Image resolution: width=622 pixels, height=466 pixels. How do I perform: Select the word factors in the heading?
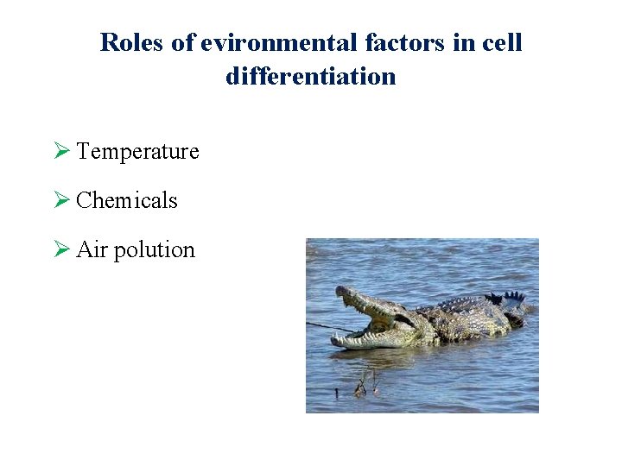tap(394, 42)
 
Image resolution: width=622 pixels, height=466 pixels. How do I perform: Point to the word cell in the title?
tap(503, 42)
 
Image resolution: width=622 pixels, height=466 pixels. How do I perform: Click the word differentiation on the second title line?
tap(311, 77)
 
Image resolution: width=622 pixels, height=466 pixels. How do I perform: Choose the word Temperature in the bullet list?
tap(137, 152)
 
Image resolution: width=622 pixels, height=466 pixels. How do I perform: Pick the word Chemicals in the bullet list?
tap(127, 201)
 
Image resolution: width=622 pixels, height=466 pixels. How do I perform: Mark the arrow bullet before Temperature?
tap(60, 152)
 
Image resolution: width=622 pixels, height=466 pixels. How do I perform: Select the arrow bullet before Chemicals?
tap(60, 201)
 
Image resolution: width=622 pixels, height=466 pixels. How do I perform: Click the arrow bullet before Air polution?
tap(60, 250)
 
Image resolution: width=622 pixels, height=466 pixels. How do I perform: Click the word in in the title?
tap(466, 42)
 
